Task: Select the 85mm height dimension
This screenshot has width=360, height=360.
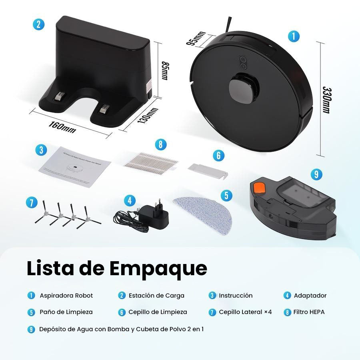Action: (164, 70)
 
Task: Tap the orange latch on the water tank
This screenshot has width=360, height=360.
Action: (259, 187)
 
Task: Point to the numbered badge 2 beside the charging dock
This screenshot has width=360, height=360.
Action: (38, 24)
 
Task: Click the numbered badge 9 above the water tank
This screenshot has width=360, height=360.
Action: (316, 174)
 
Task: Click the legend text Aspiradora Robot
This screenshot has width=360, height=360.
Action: (66, 296)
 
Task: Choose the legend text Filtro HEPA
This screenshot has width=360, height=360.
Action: (309, 312)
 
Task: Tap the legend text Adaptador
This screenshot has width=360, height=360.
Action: (310, 296)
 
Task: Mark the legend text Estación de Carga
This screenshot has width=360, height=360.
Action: (156, 296)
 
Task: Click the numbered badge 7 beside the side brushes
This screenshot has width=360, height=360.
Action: (31, 202)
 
